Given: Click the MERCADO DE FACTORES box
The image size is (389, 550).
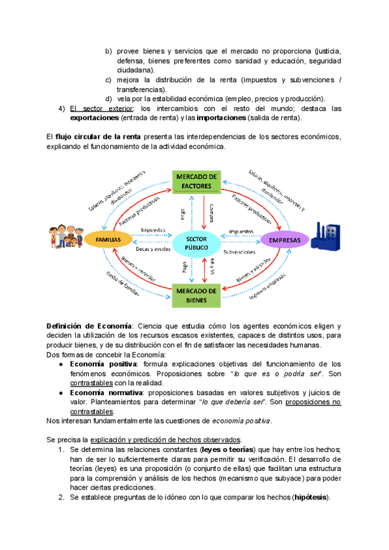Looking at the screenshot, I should [x=198, y=181].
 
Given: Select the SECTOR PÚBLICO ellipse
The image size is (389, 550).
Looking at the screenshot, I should [x=197, y=243].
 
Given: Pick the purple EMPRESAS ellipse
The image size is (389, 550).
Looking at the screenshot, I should [x=286, y=241].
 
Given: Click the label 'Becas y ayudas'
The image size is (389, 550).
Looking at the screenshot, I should [x=153, y=249].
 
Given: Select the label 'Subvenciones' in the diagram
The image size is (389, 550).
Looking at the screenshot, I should [x=241, y=251].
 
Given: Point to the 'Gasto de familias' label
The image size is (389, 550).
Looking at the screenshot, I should [x=123, y=283].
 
